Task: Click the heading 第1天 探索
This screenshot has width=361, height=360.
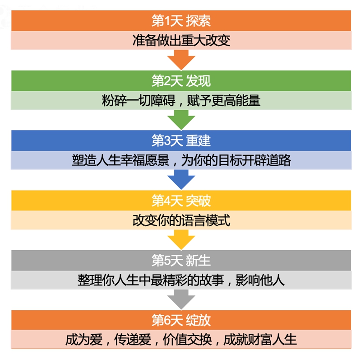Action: [181, 21]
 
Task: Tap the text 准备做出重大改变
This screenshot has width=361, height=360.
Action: [181, 40]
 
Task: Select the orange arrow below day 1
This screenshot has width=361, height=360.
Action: [181, 59]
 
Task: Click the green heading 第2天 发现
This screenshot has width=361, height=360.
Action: [181, 80]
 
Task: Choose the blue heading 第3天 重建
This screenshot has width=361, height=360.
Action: [181, 140]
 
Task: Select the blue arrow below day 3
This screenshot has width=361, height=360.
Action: [181, 179]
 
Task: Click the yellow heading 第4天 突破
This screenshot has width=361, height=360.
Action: [181, 200]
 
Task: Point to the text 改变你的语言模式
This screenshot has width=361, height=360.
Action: [181, 220]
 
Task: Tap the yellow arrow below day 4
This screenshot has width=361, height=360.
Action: [181, 239]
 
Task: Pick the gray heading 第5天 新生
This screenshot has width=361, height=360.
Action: [181, 260]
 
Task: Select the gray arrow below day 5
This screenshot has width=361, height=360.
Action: [181, 299]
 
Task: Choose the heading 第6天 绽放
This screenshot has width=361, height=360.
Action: [181, 320]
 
